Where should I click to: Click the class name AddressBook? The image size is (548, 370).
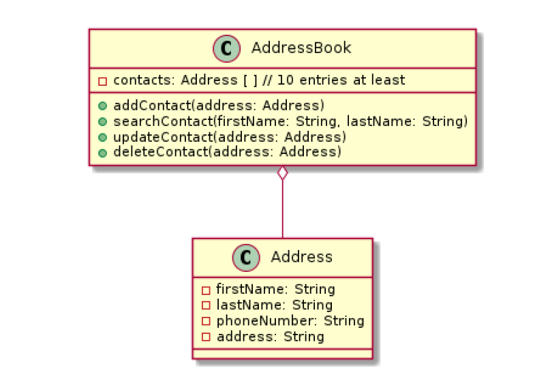pyautogui.click(x=301, y=48)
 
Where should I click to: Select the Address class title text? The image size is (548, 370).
pyautogui.click(x=301, y=257)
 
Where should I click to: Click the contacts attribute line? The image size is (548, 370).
pyautogui.click(x=252, y=80)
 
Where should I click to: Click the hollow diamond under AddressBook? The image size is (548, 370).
pyautogui.click(x=282, y=174)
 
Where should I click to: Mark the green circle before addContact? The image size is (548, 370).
pyautogui.click(x=102, y=106)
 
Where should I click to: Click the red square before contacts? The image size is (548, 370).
pyautogui.click(x=102, y=81)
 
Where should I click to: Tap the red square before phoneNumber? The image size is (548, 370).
pyautogui.click(x=206, y=321)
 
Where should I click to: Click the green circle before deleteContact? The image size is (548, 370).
pyautogui.click(x=102, y=152)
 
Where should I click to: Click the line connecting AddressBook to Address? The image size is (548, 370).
pyautogui.click(x=282, y=211)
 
